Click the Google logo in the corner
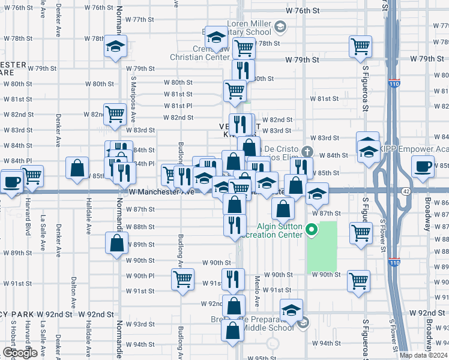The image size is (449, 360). point(19,353)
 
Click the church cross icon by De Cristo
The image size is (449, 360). point(308,151)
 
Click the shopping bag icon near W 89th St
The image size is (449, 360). point(116,242)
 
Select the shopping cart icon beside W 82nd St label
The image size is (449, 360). point(114,113)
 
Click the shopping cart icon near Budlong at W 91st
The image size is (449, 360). point(182,278)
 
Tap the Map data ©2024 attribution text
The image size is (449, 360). point(423,355)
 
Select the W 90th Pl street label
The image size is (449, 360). point(140,275)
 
